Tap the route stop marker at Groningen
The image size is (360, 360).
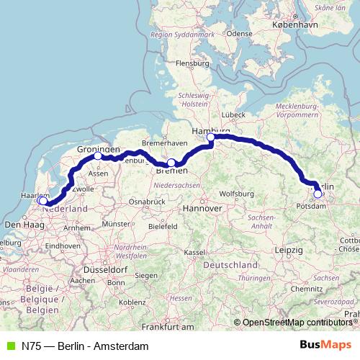[98, 156]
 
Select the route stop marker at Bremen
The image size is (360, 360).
[171, 163]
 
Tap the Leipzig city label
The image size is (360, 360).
[288, 250]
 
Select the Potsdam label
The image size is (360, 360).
[312, 207]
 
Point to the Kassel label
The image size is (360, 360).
[193, 253]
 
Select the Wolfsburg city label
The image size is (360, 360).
[236, 194]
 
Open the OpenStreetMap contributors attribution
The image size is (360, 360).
[297, 322]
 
